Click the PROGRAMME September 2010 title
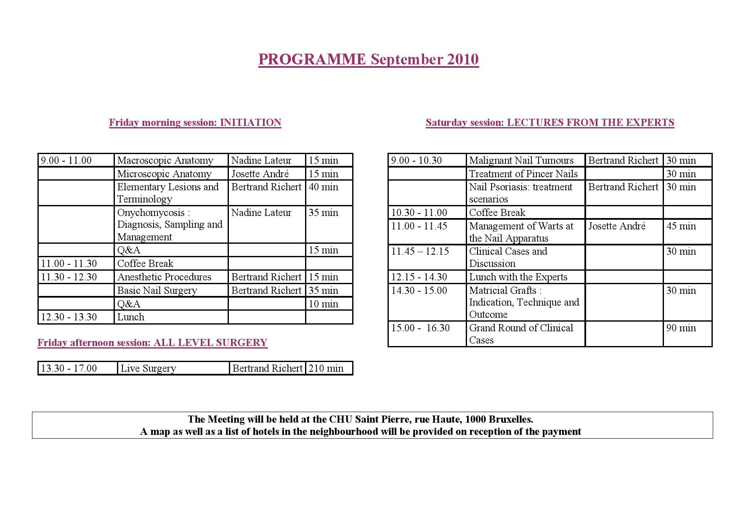[368, 59]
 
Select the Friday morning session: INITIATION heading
[195, 123]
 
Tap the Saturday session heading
[550, 123]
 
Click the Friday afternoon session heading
[152, 343]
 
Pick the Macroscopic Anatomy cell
[165, 160]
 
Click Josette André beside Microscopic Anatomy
[260, 174]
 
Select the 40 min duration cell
[323, 187]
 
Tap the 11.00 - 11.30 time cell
[69, 264]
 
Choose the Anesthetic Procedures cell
[164, 277]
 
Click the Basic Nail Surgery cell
[157, 290]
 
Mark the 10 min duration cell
[323, 304]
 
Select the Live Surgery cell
[148, 368]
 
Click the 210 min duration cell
[326, 368]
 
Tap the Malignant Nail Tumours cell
[521, 160]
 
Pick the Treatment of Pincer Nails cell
[523, 174]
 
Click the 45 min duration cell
[681, 226]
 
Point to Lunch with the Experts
[518, 277]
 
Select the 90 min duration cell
[681, 328]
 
